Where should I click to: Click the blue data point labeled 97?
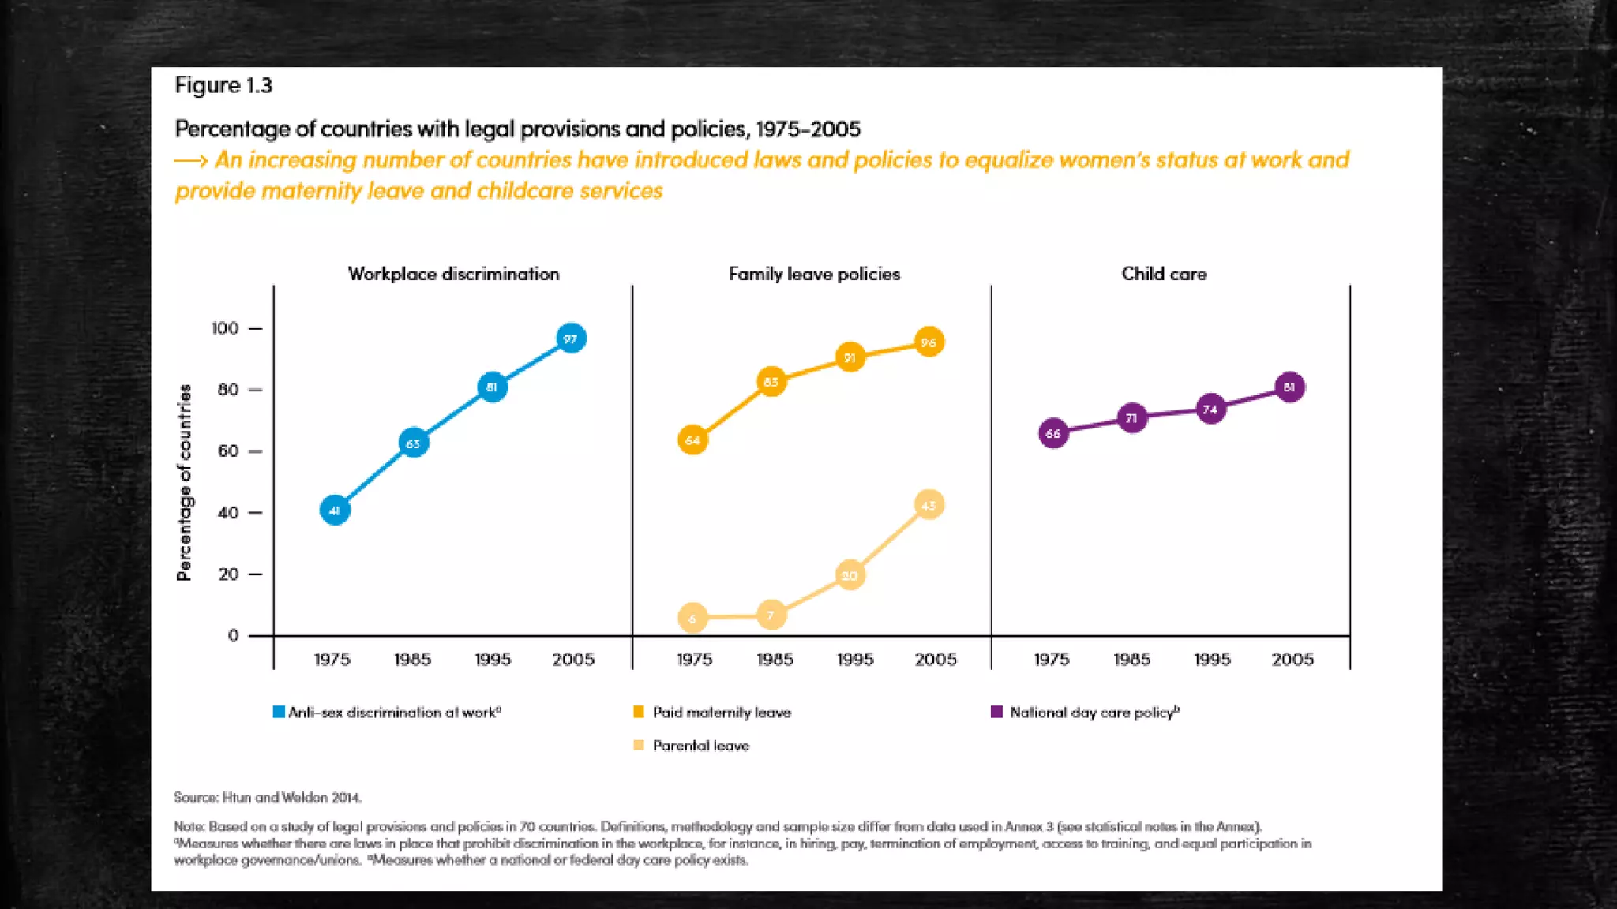571,339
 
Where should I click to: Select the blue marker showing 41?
335,511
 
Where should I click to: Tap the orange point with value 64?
692,440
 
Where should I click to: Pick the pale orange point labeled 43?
929,505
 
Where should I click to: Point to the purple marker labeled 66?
1053,433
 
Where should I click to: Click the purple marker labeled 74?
1210,409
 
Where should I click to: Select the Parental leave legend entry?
700,746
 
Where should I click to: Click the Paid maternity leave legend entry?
720,713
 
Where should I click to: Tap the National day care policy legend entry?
1093,713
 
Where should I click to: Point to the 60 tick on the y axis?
228,451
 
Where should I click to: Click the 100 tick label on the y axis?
225,328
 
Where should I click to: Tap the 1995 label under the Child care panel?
1212,660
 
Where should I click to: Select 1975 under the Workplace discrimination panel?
332,660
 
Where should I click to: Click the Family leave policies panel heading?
814,274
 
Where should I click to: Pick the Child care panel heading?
1164,274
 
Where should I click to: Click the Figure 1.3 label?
223,85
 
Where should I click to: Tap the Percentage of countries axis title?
184,483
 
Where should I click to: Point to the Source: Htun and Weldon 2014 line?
268,798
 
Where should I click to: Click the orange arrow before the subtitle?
191,161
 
